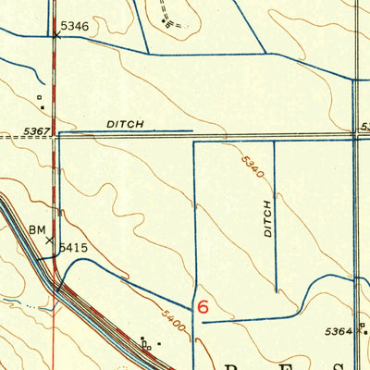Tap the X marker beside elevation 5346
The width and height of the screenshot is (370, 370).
pos(55,37)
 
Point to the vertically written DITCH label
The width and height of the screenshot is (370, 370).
pos(267,219)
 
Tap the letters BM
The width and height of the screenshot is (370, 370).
pos(37,228)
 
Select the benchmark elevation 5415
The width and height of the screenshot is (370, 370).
pos(74,248)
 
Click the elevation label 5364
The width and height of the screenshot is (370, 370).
pos(339,330)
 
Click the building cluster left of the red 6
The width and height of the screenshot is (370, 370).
pos(146,343)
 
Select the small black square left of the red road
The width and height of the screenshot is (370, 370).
pos(40,95)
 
